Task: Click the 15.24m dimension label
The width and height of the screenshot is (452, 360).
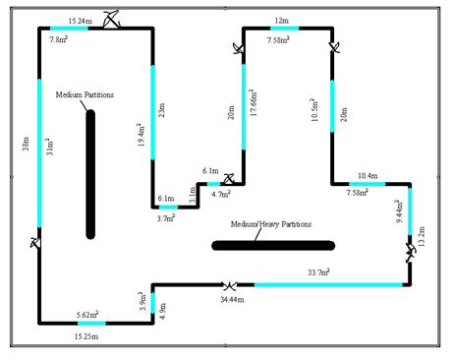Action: [x=82, y=19]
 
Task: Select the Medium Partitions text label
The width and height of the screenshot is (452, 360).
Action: [x=85, y=94]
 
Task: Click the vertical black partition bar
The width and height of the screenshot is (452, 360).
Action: [x=90, y=173]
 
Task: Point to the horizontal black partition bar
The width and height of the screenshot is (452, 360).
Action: [x=273, y=244]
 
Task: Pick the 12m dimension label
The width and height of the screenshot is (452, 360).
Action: [x=281, y=20]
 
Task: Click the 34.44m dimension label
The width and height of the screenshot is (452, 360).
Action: [x=232, y=298]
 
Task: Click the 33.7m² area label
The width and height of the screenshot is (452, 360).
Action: [x=318, y=272]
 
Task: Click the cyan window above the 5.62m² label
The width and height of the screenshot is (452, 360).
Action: [x=90, y=323]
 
